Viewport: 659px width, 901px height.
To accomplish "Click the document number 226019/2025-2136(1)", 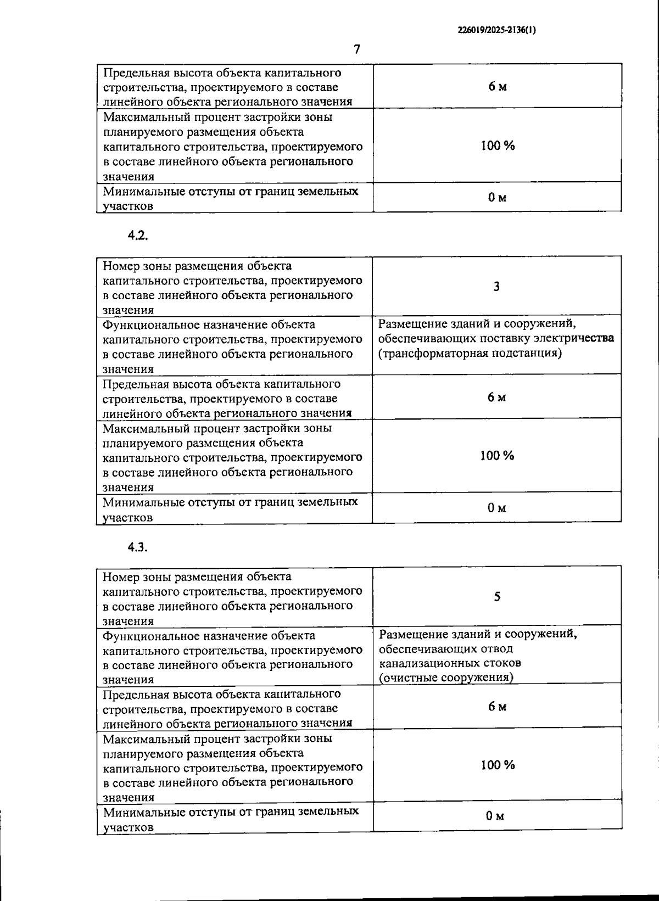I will [x=496, y=31].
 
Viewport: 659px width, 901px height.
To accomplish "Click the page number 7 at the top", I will [x=357, y=49].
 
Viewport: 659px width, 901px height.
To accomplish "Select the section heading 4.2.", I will [x=138, y=236].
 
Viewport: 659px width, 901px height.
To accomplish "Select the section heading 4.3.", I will [x=138, y=547].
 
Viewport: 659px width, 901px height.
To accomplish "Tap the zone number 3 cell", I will [x=496, y=286].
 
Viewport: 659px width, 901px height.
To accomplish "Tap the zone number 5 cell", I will [x=497, y=597].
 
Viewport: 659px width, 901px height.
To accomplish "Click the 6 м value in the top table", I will [x=498, y=87].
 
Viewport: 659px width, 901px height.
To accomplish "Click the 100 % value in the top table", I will [x=498, y=145].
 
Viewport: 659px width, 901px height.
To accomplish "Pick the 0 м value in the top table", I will [x=497, y=198].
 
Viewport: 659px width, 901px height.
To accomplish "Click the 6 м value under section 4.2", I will [x=496, y=398].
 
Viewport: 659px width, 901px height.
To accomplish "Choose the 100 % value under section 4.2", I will [x=497, y=456].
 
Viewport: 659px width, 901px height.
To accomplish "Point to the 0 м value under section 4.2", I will [x=496, y=508].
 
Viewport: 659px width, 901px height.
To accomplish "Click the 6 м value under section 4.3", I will [x=497, y=707].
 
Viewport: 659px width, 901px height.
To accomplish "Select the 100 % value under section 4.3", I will [x=498, y=765].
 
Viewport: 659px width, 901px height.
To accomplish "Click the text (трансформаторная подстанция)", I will [x=470, y=353].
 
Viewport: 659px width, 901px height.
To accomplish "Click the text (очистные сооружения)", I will [x=446, y=677].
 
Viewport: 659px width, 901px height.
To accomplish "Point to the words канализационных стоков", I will [x=450, y=663].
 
